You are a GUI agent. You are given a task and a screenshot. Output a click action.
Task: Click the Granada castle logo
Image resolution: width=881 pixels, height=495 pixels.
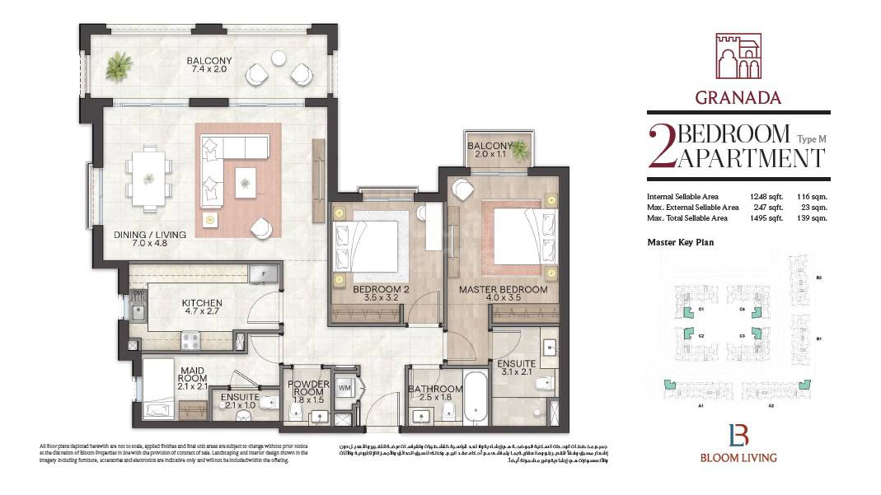point(738,56)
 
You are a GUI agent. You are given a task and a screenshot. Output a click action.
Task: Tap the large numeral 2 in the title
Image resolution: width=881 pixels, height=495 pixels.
point(661,146)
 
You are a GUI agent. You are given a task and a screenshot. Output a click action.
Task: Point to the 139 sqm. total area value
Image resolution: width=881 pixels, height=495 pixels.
point(811,218)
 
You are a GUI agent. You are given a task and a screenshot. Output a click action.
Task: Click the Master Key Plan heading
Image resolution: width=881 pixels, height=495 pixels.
point(680,242)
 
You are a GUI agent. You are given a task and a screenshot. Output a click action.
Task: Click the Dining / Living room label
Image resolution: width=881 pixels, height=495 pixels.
point(149,240)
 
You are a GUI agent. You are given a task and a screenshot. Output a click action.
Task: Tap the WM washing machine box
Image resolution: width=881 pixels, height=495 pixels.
point(344,386)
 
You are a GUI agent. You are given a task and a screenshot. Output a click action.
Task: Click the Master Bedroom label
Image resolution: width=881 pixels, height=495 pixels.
point(503,295)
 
